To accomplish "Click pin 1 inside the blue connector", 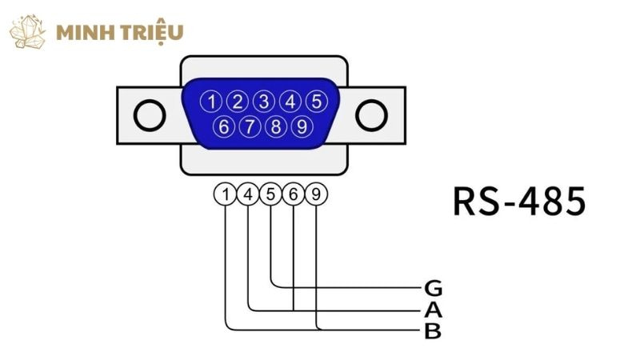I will coord(212,102).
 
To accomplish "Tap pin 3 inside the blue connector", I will coord(264,102).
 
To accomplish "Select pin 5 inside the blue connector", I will coord(316,102).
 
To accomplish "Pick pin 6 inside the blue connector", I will coord(225,126).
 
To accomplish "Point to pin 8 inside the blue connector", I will coord(276,126).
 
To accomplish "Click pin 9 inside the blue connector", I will coord(302,126).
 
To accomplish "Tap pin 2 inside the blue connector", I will coord(238,102).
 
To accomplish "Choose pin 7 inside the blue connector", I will coord(250,126).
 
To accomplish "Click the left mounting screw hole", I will coord(149,117).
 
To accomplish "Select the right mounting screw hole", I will coord(370,117).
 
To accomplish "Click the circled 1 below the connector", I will coord(226,194).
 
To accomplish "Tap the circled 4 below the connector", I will coord(249,194).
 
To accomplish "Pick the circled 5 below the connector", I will coord(272,194).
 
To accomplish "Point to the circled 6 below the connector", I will coord(294,194).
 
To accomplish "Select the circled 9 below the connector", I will coord(318,194).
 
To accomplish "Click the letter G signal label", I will coord(433,287).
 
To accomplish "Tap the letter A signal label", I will coord(433,310).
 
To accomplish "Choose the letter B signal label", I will coord(433,330).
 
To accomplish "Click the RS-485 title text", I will coord(518,202).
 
